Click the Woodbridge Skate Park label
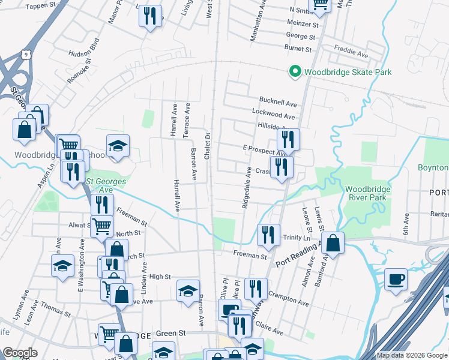click(348, 72)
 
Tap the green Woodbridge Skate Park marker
click(295, 72)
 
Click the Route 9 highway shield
click(25, 54)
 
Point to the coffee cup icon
click(396, 280)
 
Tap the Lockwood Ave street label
click(274, 115)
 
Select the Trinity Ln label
click(296, 238)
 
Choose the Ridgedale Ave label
click(246, 187)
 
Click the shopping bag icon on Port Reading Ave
click(333, 244)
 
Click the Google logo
click(20, 353)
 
